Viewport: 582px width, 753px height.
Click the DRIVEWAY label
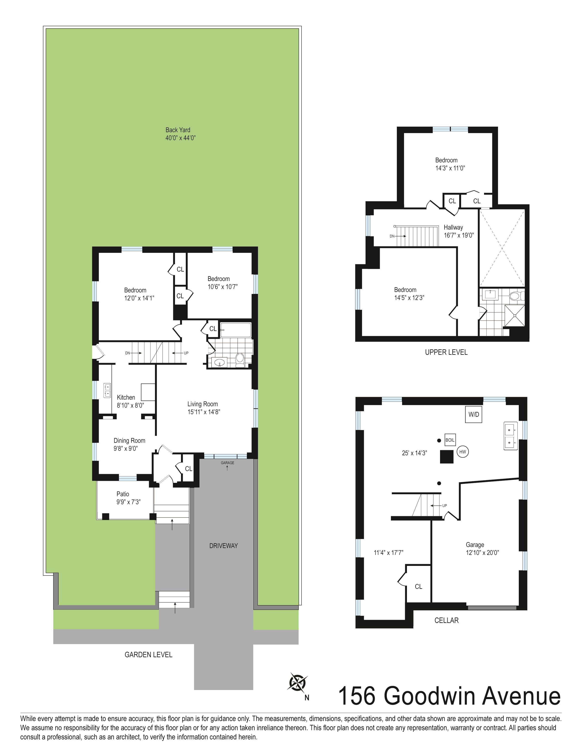223,546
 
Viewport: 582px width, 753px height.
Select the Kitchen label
126,397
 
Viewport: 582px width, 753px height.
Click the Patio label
123,494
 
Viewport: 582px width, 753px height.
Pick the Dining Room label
129,440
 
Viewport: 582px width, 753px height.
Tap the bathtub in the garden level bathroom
236,330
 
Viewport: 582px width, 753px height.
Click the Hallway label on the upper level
453,227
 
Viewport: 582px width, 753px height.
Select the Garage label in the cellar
475,545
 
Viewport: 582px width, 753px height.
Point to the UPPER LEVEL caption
446,352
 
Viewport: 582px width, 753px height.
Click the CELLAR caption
446,620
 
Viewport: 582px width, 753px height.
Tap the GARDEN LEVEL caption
148,654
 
